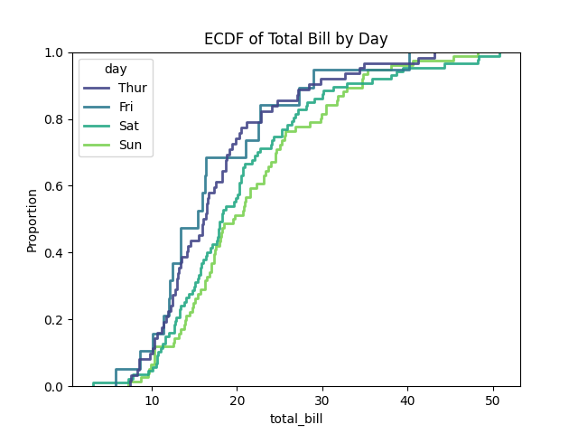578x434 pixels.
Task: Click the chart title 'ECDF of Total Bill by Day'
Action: pos(295,39)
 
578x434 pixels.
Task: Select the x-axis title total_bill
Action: pos(295,419)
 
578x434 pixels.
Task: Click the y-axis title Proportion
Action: pos(33,220)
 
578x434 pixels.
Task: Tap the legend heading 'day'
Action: pos(115,70)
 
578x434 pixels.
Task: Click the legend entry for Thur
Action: pos(132,89)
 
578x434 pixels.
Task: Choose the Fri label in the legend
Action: pos(126,108)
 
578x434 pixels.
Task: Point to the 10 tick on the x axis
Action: pos(152,400)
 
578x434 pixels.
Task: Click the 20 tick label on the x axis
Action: pos(237,400)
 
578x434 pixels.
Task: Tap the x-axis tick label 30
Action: pos(322,400)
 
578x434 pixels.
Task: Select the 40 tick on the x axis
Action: pos(407,400)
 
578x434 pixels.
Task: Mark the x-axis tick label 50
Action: pos(492,400)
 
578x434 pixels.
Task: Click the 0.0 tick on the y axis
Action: pos(54,387)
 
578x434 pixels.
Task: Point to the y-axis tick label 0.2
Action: pos(54,320)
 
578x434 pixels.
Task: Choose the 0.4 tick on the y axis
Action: pos(54,253)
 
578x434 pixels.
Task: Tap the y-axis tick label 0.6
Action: pos(54,186)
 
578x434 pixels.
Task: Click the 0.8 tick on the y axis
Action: pos(54,119)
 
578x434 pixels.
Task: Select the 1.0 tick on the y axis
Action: pos(54,52)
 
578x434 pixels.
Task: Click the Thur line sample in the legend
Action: pos(97,89)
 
